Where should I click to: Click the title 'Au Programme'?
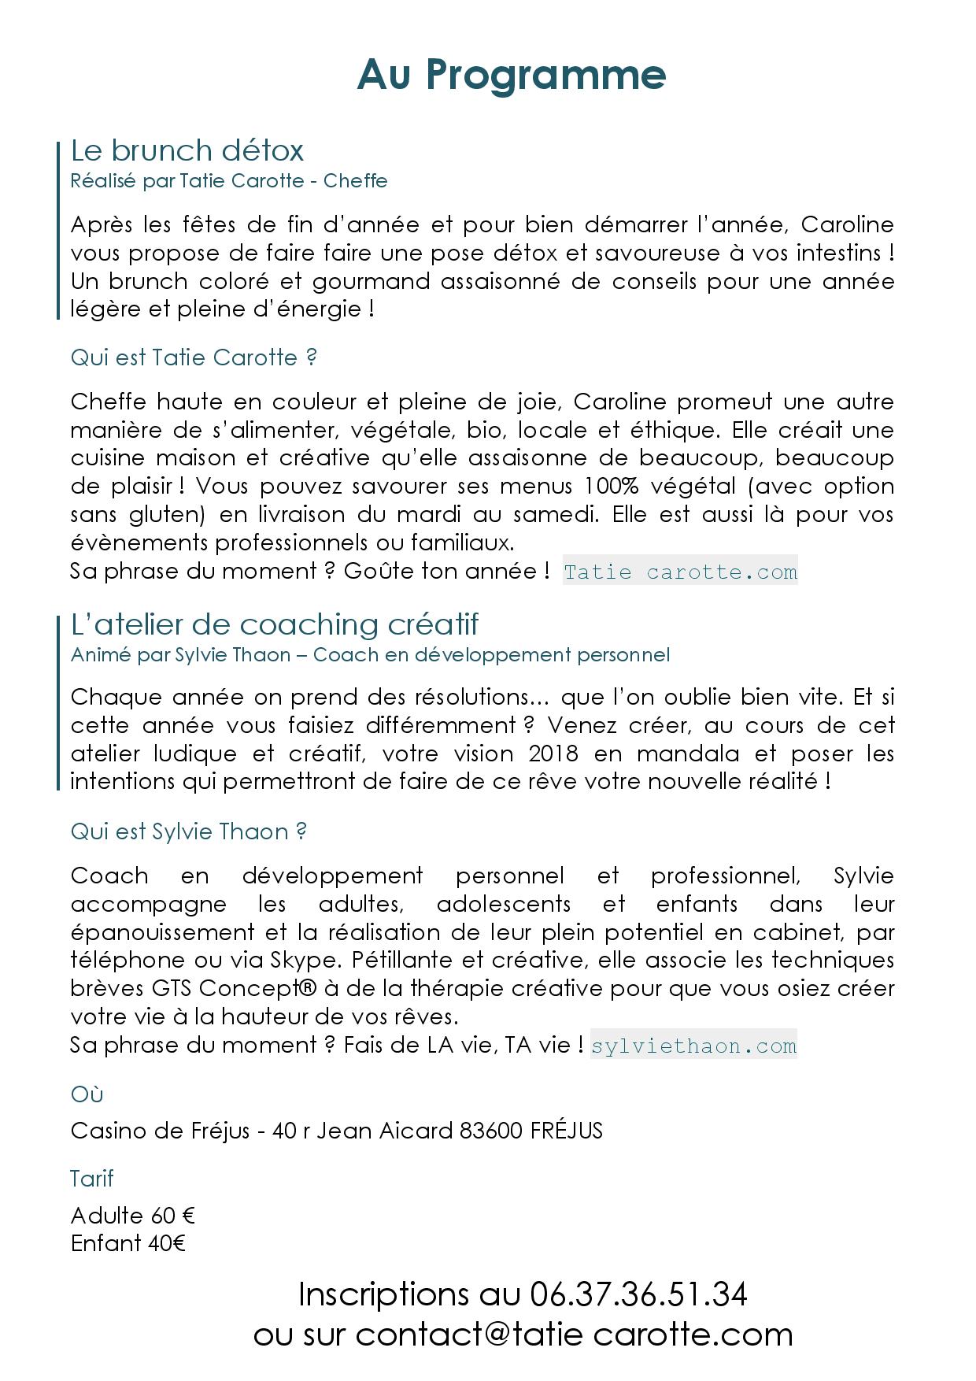(x=512, y=75)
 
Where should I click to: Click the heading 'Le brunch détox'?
(x=187, y=150)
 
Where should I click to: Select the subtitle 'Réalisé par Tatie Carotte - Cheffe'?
(x=229, y=180)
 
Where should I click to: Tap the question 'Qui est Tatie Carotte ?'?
(x=194, y=357)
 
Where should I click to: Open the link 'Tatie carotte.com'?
(x=680, y=572)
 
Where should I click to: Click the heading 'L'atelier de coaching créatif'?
(x=275, y=624)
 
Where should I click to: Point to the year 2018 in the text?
(x=553, y=753)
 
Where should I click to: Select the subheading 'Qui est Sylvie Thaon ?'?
(x=189, y=831)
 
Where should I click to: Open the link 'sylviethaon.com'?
(x=693, y=1046)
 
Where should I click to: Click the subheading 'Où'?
(x=87, y=1094)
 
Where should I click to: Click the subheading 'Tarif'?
(x=92, y=1179)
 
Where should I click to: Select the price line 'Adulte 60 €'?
(x=132, y=1216)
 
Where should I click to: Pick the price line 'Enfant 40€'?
(x=128, y=1244)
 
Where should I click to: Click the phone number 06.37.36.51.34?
(x=638, y=1294)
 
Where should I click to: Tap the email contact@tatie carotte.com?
(x=574, y=1335)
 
